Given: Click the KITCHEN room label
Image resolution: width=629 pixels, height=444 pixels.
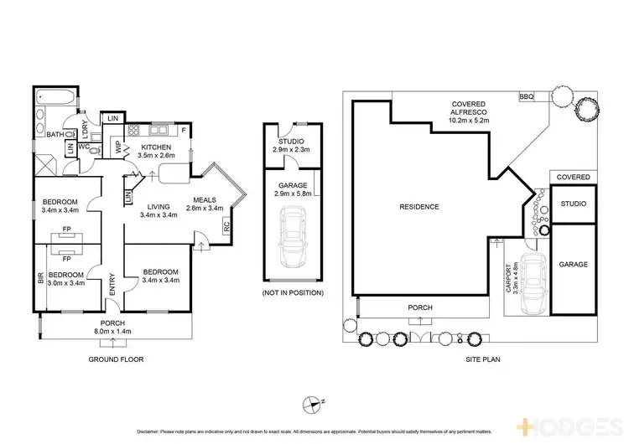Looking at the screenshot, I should tap(158, 147).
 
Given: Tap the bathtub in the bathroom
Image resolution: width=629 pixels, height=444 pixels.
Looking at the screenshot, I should tap(56, 97).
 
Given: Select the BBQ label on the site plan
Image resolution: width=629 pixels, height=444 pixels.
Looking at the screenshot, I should tap(527, 97).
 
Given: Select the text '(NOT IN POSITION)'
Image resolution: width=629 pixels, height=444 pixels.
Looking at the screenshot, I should tap(293, 292).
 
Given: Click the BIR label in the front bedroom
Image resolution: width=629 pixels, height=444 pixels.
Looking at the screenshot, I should tap(39, 276).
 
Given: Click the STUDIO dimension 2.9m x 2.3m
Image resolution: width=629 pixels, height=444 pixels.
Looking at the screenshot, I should tap(292, 149).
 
